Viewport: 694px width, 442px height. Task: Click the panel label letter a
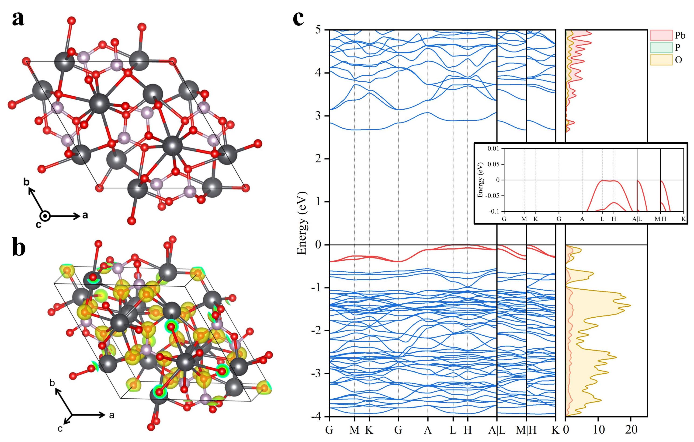pos(18,19)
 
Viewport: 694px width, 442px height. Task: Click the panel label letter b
pos(19,248)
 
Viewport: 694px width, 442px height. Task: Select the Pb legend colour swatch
pos(661,35)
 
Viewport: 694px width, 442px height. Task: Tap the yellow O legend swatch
pos(661,60)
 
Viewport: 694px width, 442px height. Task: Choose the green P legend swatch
pos(661,47)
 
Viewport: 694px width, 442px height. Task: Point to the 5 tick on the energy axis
pos(318,30)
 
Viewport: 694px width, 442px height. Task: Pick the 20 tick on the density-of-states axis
pos(631,430)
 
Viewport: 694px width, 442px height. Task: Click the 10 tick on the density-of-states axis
pos(599,430)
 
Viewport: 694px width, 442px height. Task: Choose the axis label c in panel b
pos(60,429)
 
